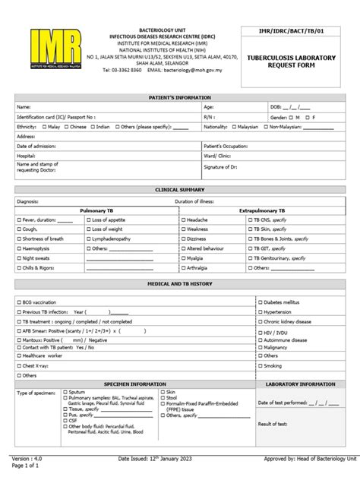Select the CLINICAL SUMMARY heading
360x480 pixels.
(x=180, y=189)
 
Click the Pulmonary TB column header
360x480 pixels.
(x=96, y=209)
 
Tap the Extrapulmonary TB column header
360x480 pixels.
(x=263, y=209)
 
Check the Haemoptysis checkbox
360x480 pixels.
(x=19, y=248)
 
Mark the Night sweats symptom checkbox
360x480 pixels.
(x=19, y=258)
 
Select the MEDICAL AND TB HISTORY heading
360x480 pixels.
(x=180, y=283)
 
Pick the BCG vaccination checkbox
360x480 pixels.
(x=19, y=301)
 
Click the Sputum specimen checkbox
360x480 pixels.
(x=66, y=392)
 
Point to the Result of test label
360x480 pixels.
(x=273, y=423)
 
